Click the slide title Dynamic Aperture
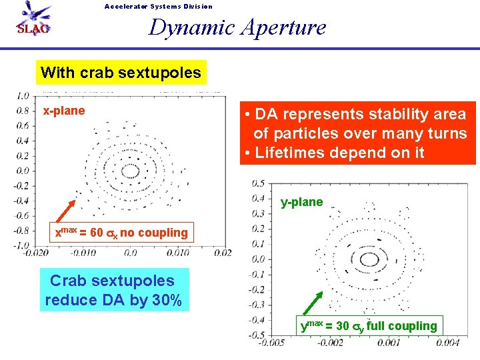pyautogui.click(x=237, y=27)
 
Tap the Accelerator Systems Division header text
pyautogui.click(x=159, y=7)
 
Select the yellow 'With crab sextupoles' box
pyautogui.click(x=121, y=72)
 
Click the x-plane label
pyautogui.click(x=64, y=111)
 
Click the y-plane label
pyautogui.click(x=301, y=202)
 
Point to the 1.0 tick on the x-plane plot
pyautogui.click(x=23, y=95)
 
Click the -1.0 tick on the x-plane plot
pyautogui.click(x=22, y=245)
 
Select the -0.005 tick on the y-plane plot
pyautogui.click(x=269, y=342)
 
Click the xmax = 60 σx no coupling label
pyautogui.click(x=121, y=232)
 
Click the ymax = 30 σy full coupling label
pyautogui.click(x=369, y=325)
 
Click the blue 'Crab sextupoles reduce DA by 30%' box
pyautogui.click(x=113, y=290)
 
